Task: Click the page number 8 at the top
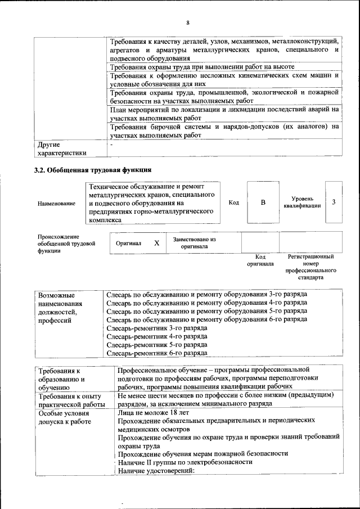pos(188,22)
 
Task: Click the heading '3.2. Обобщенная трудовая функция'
pos(93,169)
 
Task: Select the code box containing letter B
pos(263,202)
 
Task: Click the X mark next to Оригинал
pos(157,243)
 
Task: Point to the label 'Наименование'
pos(56,204)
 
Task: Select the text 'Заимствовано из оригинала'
pos(194,243)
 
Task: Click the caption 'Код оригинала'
pos(260,260)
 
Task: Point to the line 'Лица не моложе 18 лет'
pos(154,412)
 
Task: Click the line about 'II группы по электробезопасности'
pos(185,462)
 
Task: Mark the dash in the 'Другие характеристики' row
pos(112,145)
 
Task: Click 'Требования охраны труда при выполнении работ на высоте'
pos(202,67)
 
